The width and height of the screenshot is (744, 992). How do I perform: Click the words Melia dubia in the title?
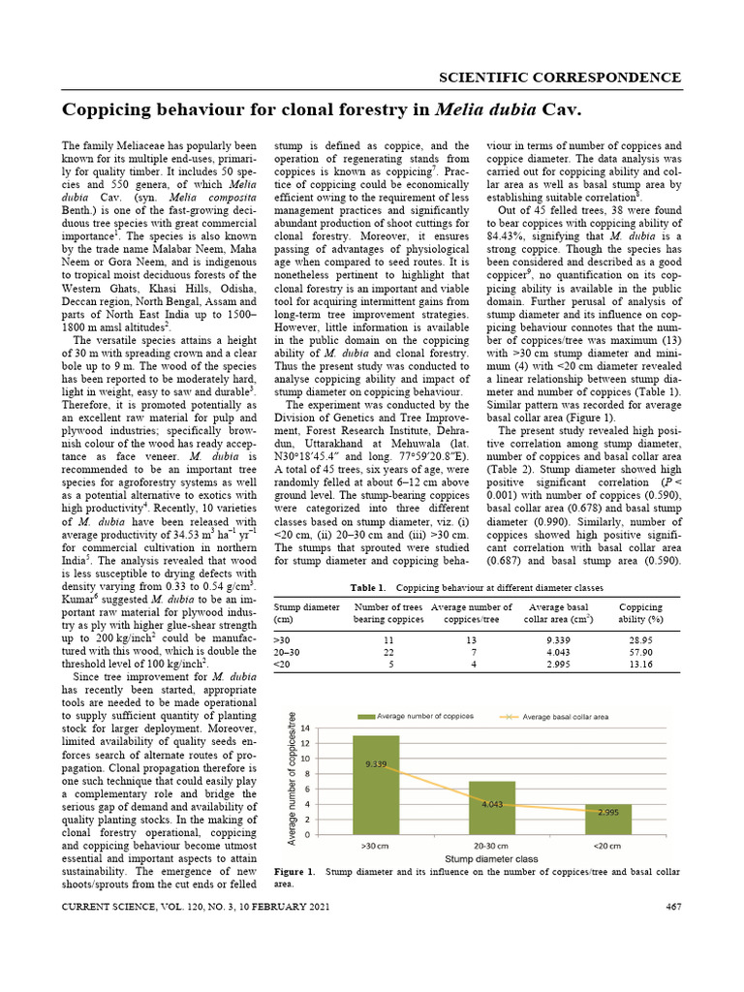click(x=484, y=109)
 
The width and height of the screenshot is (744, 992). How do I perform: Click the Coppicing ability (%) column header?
click(x=640, y=613)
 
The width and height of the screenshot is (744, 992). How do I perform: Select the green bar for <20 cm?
click(x=607, y=820)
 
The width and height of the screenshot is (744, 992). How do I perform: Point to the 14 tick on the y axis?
click(x=305, y=728)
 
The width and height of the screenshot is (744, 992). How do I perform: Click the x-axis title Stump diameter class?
click(x=491, y=859)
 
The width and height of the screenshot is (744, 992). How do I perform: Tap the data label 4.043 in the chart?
click(x=492, y=804)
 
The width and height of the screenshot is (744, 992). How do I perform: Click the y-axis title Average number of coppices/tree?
click(x=292, y=778)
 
